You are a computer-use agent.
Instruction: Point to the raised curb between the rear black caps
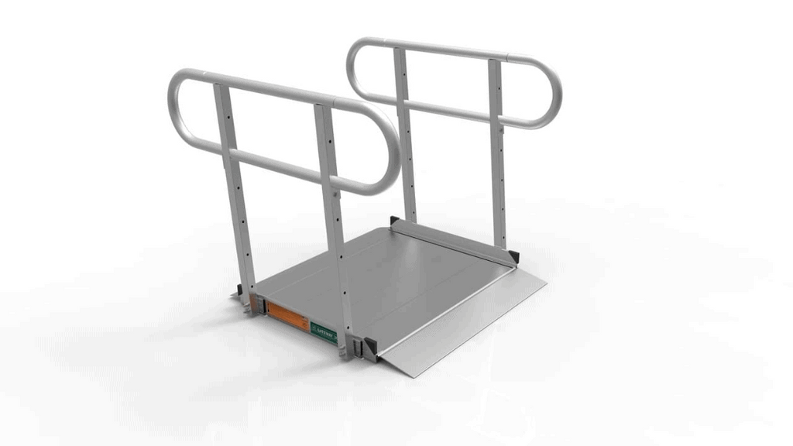453,241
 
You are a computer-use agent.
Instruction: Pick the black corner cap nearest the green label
369,348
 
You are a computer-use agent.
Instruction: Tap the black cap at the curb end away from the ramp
395,221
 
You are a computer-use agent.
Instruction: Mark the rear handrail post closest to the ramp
498,155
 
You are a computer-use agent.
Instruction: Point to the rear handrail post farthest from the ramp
404,132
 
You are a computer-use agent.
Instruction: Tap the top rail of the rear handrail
441,48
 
